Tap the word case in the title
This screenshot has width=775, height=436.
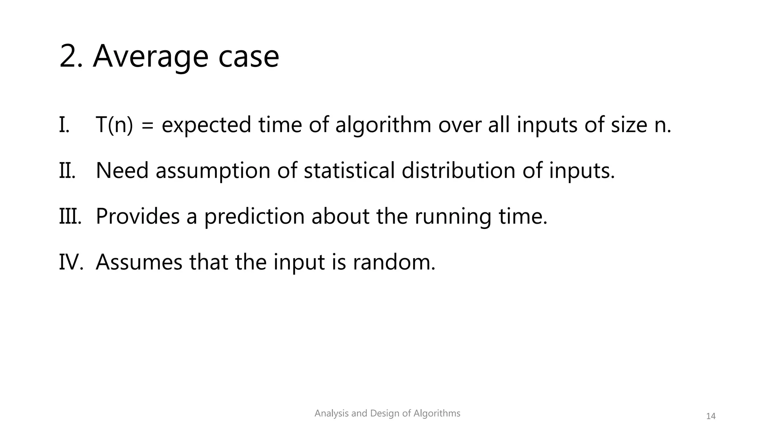tap(249, 57)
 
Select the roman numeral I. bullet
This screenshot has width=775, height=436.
tap(64, 125)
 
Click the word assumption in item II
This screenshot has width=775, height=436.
tap(213, 171)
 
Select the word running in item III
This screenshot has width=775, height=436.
tap(453, 217)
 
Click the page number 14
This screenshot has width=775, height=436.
tap(711, 416)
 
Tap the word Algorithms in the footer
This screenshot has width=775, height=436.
tap(437, 413)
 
